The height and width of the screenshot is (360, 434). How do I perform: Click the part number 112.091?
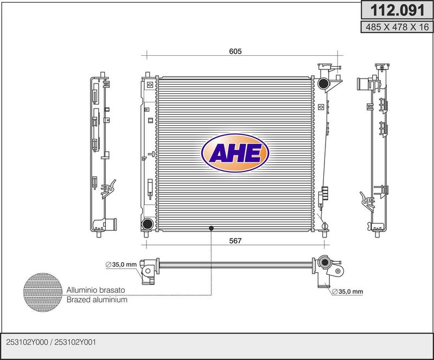[x=397, y=10]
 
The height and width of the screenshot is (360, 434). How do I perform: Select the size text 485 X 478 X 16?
[x=397, y=27]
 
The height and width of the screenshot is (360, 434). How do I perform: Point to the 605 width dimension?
[x=235, y=51]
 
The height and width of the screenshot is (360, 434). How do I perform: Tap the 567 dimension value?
[x=235, y=241]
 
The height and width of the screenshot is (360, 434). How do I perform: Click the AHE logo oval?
[x=235, y=153]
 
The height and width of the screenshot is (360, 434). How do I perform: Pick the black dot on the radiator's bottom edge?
[x=211, y=228]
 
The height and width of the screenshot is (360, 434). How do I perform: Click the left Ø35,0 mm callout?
[x=121, y=265]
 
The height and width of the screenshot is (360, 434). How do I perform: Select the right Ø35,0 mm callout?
[x=347, y=291]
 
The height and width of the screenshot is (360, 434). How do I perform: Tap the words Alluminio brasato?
[x=96, y=290]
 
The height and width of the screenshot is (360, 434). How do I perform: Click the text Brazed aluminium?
[x=97, y=300]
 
